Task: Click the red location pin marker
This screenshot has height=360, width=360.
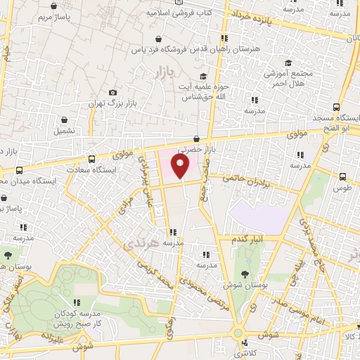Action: pos(181,167)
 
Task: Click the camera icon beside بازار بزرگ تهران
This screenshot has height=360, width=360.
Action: pos(112,92)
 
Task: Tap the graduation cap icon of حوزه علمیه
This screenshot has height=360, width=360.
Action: pos(202,76)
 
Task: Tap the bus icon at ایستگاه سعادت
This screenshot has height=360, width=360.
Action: pos(91,158)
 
